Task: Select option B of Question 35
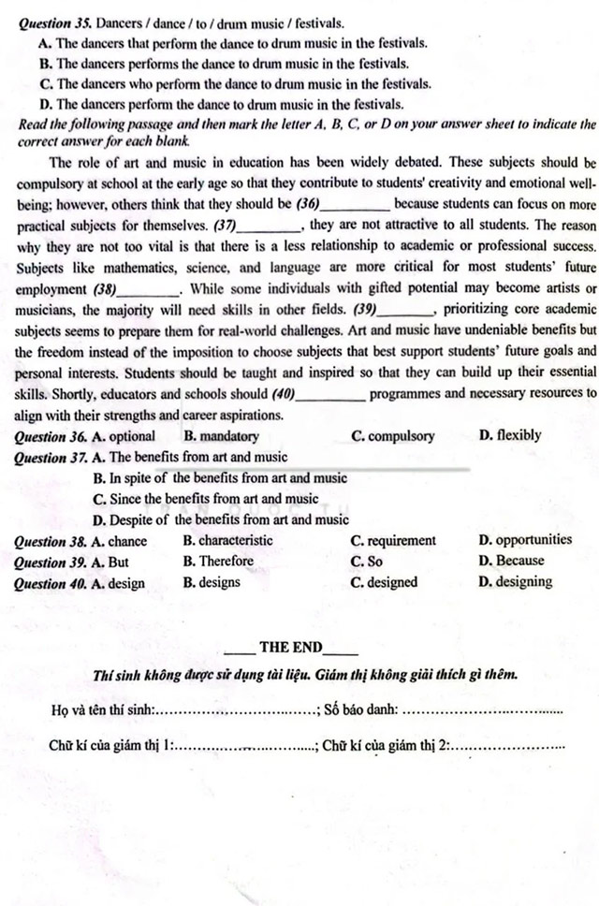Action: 225,64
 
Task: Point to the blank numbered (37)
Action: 270,226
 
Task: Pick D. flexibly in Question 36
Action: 509,435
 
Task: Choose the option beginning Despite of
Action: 221,519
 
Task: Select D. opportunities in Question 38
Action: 524,540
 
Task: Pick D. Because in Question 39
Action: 511,562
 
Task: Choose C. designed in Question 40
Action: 384,582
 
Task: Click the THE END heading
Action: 290,647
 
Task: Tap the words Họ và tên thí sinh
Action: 101,709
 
